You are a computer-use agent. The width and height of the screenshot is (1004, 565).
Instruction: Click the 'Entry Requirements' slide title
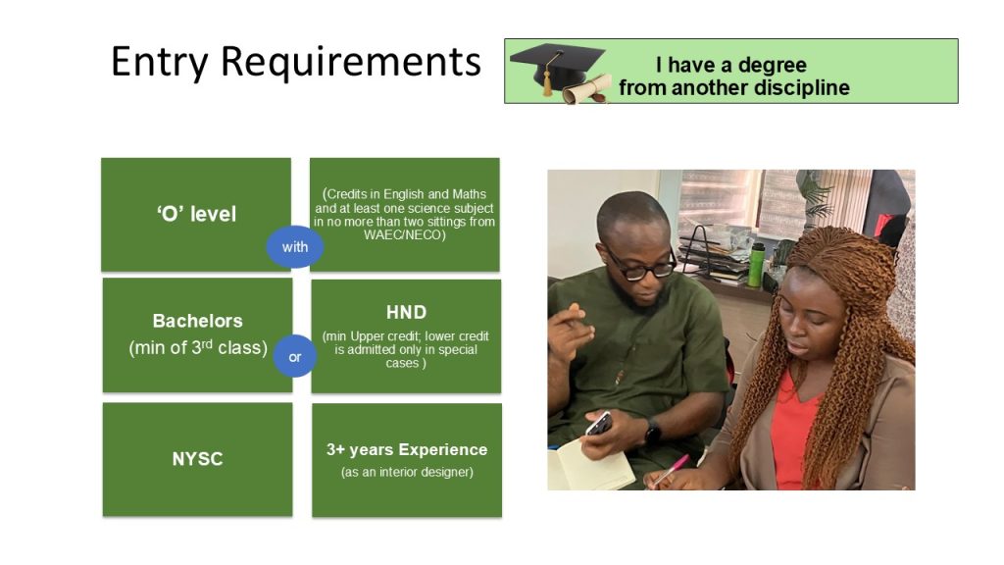click(296, 63)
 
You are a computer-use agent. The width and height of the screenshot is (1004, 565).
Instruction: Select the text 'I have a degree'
click(730, 65)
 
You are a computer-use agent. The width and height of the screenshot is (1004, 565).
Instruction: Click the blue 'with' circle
click(294, 246)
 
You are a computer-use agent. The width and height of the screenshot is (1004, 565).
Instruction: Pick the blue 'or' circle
click(294, 356)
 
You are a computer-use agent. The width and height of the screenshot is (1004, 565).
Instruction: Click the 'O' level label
click(196, 213)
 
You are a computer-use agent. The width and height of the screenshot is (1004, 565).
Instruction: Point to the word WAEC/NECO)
click(404, 235)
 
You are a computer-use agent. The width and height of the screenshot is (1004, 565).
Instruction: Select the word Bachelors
click(197, 321)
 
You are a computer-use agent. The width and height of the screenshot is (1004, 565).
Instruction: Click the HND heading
click(406, 312)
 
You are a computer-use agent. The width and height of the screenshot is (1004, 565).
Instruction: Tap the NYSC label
click(197, 459)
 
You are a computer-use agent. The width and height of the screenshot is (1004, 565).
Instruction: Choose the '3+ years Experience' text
click(407, 449)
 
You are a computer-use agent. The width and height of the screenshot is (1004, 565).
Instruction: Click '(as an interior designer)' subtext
click(407, 472)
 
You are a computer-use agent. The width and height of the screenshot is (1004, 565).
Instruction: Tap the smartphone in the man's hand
click(599, 424)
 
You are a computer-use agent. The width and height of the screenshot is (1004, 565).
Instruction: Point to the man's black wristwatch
click(652, 433)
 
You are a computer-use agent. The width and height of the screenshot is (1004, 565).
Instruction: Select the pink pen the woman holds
click(670, 471)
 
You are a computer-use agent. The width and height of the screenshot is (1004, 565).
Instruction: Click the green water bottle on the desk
click(756, 265)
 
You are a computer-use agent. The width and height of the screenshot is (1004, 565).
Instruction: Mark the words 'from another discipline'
click(733, 87)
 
